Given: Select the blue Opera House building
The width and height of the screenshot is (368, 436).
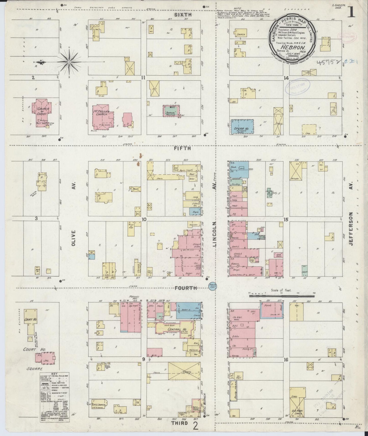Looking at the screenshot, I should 243,127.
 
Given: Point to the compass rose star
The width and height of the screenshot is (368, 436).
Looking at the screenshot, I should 70,62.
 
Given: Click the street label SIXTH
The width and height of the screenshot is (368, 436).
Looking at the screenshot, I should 183,15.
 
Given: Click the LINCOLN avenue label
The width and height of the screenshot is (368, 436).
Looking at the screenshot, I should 214,234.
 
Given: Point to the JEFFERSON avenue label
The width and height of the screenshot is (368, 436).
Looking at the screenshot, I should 351,229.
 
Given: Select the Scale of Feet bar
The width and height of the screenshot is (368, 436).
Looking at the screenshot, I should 282,296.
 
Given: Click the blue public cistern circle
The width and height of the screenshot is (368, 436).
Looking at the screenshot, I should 212,285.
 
